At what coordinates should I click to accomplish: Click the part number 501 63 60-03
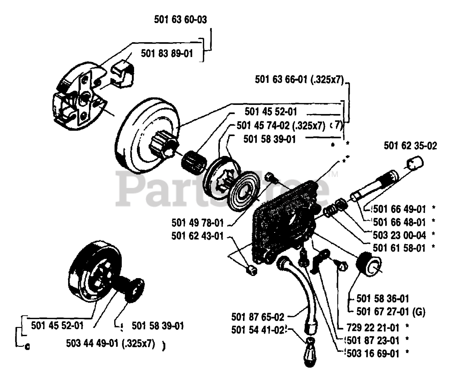pyautogui.click(x=180, y=19)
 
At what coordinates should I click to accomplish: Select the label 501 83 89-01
pyautogui.click(x=167, y=53)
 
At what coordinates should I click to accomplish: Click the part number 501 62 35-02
pyautogui.click(x=410, y=146)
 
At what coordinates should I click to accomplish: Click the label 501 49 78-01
pyautogui.click(x=198, y=223)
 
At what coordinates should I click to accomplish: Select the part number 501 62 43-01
pyautogui.click(x=198, y=236)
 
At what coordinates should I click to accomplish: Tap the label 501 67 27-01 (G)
pyautogui.click(x=391, y=311)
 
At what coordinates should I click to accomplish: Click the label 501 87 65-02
pyautogui.click(x=258, y=316)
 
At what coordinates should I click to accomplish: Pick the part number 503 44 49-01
pyautogui.click(x=110, y=343)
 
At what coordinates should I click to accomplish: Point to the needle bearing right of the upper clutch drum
pyautogui.click(x=194, y=160)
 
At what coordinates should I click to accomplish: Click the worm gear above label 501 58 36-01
pyautogui.click(x=369, y=266)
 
